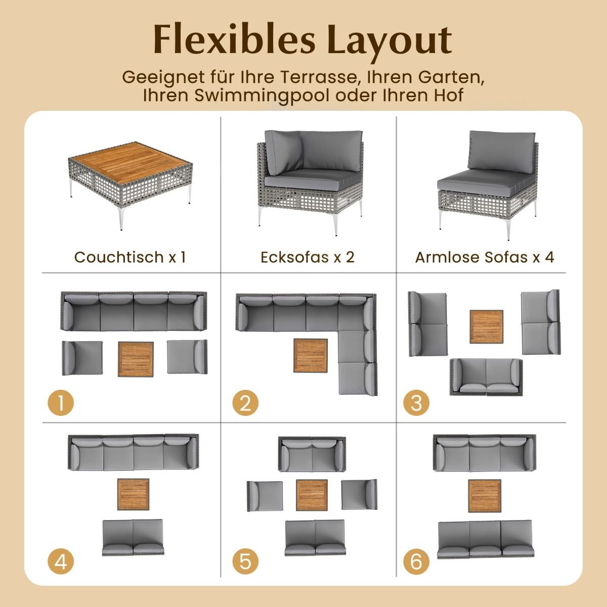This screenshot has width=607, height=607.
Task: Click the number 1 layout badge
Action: pos(61,403)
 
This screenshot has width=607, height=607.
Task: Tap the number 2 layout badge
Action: pos(245,403)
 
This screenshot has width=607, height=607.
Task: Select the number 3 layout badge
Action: pos(416,403)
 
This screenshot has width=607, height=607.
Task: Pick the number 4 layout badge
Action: pos(61,561)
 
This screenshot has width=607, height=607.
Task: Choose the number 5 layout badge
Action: pos(245,561)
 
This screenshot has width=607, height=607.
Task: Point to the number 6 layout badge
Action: pos(416,561)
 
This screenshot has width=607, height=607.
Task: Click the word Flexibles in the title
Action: pos(234,39)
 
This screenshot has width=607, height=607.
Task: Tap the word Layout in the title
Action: pos(390,41)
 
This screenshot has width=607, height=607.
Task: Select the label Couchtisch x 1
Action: pos(130,257)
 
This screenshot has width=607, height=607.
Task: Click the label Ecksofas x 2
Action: pos(308,257)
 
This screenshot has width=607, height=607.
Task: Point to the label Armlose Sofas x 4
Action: pos(485,257)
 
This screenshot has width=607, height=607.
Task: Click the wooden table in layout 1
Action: pos(136,359)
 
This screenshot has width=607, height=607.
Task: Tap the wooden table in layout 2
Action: pos(311,356)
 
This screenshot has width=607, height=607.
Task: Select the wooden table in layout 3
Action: pos(486,327)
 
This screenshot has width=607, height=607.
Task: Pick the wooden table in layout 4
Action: pos(133,494)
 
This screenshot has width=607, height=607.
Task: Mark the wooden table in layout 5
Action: pos(312,495)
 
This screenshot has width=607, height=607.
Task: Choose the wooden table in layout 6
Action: pos(485,496)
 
